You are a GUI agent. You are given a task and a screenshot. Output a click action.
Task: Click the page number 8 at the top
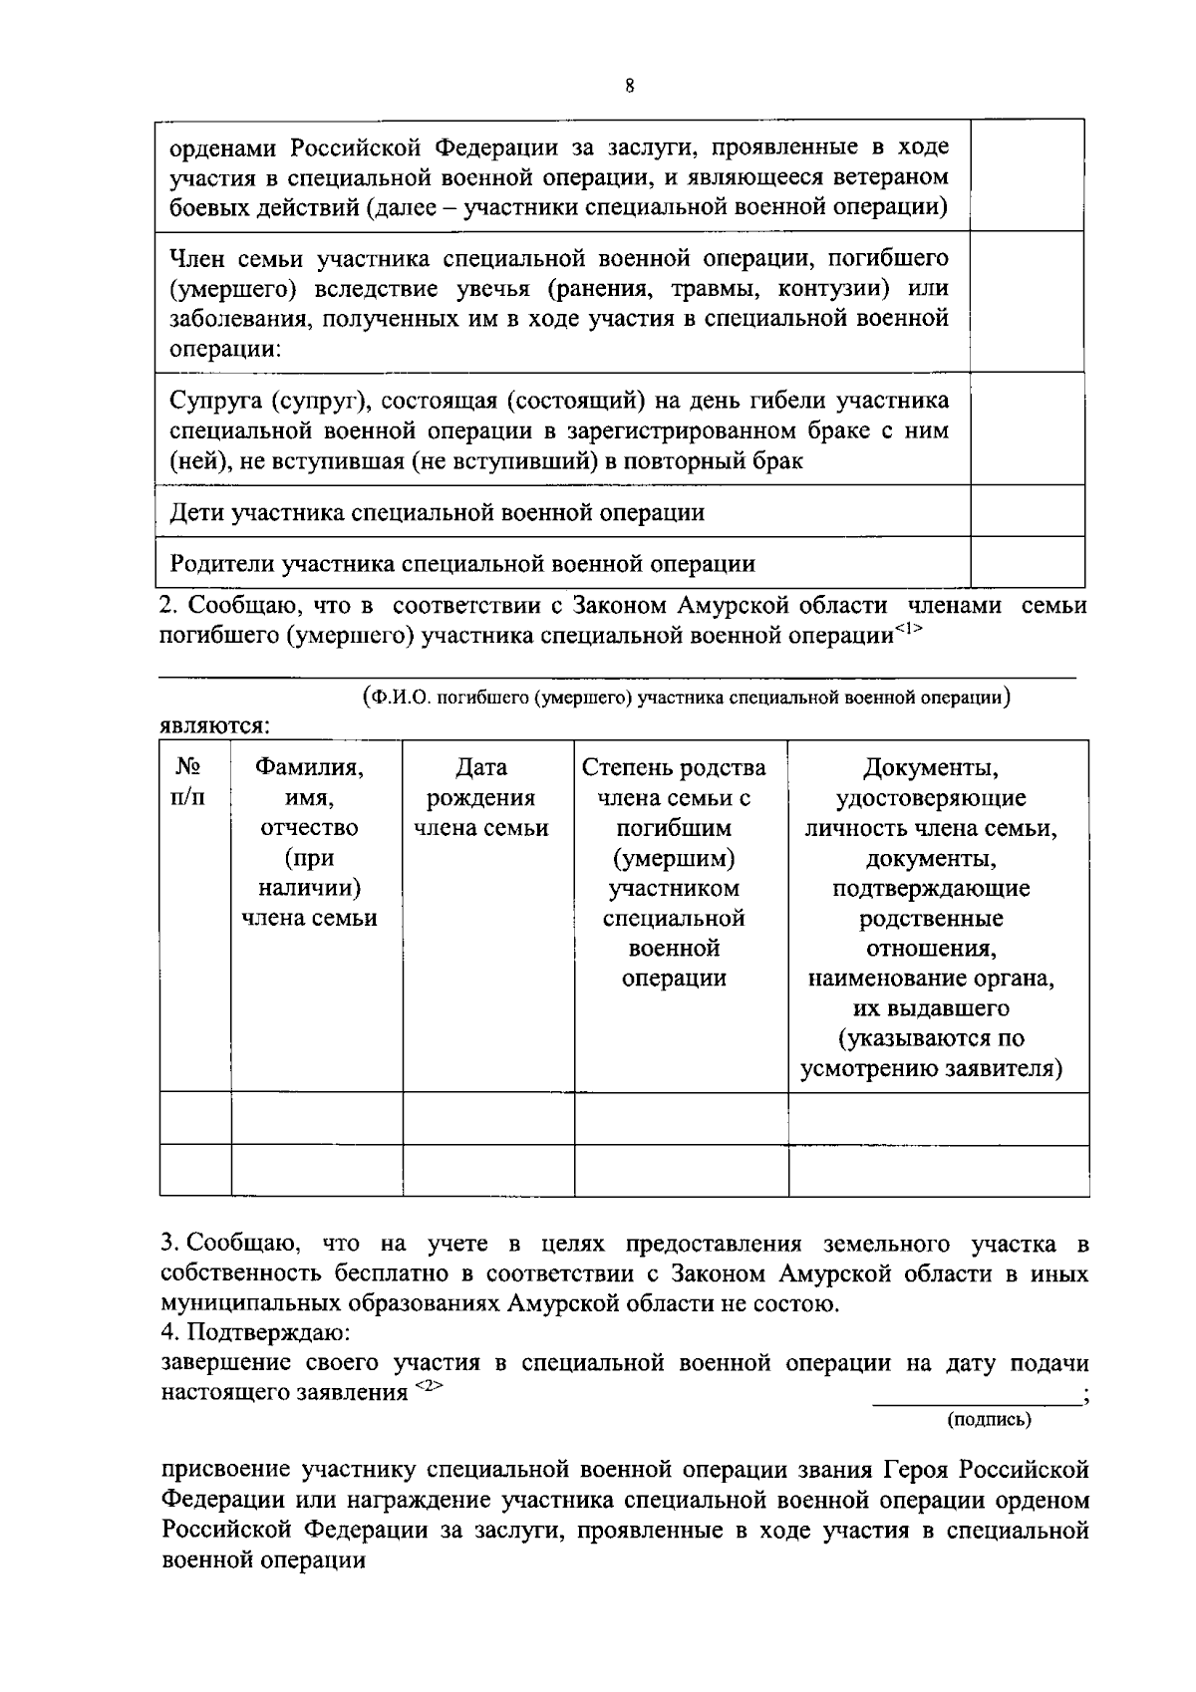point(629,86)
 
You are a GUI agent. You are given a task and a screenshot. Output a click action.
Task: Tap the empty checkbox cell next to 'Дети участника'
point(1027,511)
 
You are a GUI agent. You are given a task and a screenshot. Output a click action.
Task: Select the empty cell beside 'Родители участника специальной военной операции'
point(1027,562)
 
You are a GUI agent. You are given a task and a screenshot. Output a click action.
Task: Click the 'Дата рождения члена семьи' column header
point(480,797)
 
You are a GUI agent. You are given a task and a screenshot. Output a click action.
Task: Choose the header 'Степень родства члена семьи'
point(674,782)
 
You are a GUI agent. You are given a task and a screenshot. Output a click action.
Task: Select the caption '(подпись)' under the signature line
point(989,1419)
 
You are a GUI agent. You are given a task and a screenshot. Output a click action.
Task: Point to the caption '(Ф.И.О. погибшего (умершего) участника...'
point(687,698)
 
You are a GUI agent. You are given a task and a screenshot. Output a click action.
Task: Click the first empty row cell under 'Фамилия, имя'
point(316,1118)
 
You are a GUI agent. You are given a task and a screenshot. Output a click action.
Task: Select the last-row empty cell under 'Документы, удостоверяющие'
point(938,1170)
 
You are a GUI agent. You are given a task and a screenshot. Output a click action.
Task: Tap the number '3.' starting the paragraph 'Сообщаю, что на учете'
point(170,1245)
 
